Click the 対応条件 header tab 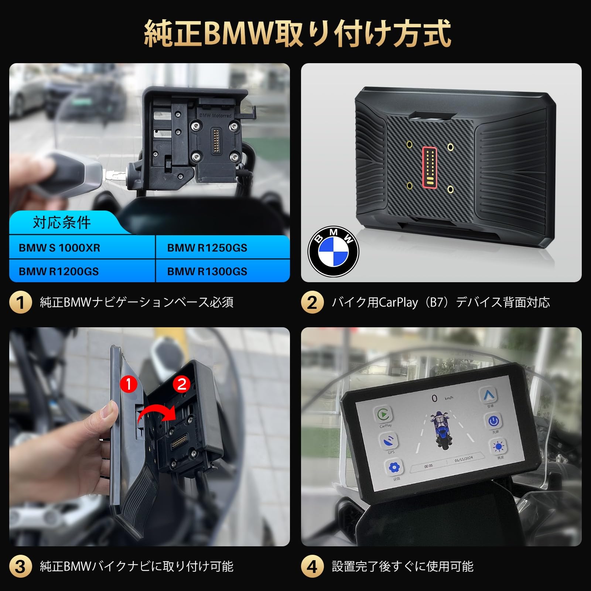tap(62, 222)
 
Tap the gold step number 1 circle tap(20, 303)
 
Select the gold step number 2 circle tap(312, 303)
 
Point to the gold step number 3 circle tap(20, 566)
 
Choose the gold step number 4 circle tap(312, 566)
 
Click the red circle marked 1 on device tap(129, 385)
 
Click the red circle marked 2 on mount tap(181, 385)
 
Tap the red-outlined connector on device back tap(429, 166)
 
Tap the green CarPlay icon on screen tap(384, 415)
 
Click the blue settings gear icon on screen tap(394, 468)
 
